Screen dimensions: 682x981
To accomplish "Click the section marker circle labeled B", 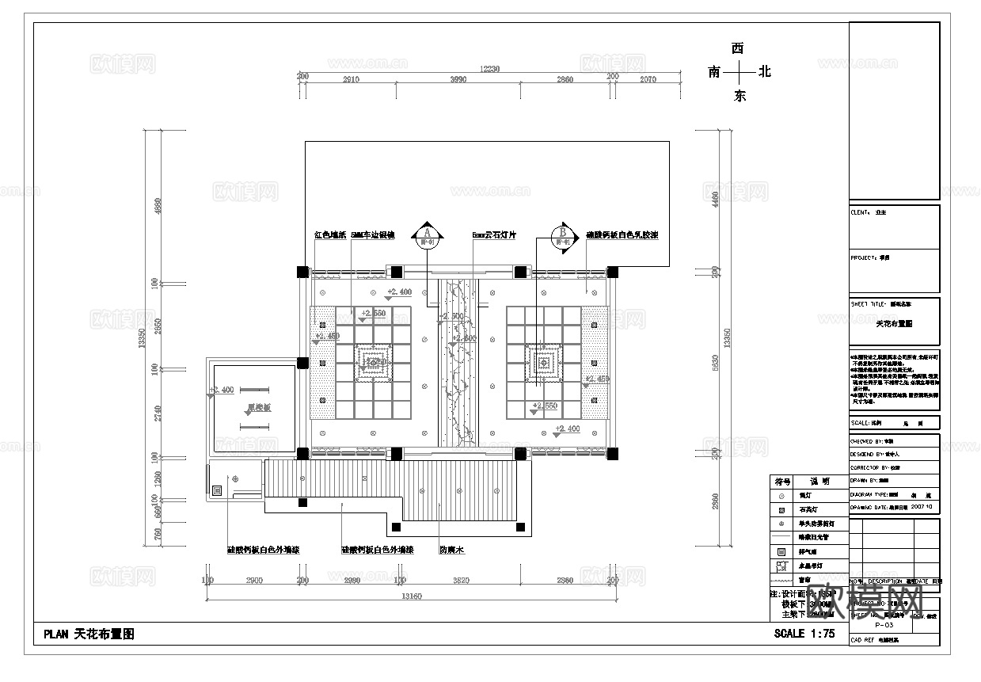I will pos(563,235).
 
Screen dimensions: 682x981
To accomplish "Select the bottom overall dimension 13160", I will pos(409,596).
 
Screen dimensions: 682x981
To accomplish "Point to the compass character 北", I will pos(764,72).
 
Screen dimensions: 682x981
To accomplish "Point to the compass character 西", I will pos(738,49).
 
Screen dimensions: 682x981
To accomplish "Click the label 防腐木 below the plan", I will pos(451,549).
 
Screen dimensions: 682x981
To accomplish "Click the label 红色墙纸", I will pos(329,235).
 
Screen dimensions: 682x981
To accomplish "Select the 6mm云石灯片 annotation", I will pos(493,235).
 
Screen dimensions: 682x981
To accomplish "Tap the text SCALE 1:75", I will pos(804,634).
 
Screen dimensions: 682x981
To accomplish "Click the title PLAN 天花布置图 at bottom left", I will pos(89,634).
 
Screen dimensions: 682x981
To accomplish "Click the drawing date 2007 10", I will pos(923,505).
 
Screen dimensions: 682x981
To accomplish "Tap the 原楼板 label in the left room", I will pos(258,408).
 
